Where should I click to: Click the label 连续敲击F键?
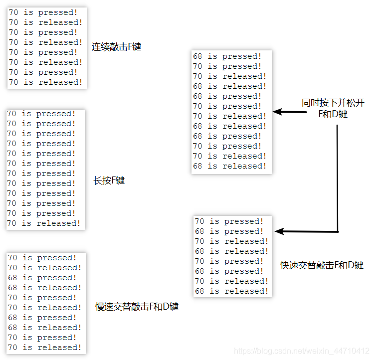(116, 47)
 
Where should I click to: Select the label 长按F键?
(109, 180)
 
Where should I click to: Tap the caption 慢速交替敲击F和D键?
(137, 307)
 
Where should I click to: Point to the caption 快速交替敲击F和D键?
(322, 265)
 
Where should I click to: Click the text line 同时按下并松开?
(333, 103)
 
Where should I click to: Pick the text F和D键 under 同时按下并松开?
(333, 114)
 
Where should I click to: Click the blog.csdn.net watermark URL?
(302, 352)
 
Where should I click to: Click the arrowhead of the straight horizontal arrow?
(277, 112)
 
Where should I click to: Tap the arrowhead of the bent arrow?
(279, 231)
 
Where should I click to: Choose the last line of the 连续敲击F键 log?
(45, 82)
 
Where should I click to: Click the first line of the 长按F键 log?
(41, 114)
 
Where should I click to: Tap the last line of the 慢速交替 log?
(44, 348)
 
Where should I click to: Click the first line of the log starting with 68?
(227, 56)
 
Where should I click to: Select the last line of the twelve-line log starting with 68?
(229, 166)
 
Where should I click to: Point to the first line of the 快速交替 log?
(229, 221)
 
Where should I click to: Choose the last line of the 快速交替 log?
(231, 291)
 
